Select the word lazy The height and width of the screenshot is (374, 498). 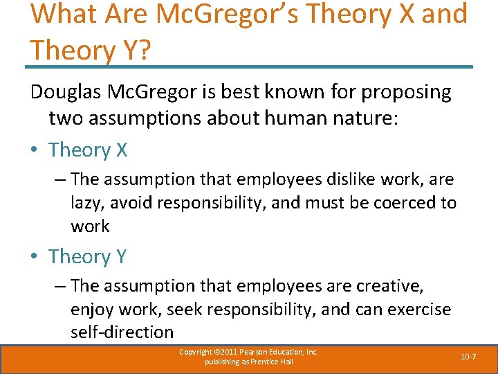click(88, 203)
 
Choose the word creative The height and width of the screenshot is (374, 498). click(391, 285)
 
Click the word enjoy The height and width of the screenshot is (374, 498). click(92, 309)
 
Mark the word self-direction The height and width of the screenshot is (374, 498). click(122, 332)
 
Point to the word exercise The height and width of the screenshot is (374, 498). click(417, 309)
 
